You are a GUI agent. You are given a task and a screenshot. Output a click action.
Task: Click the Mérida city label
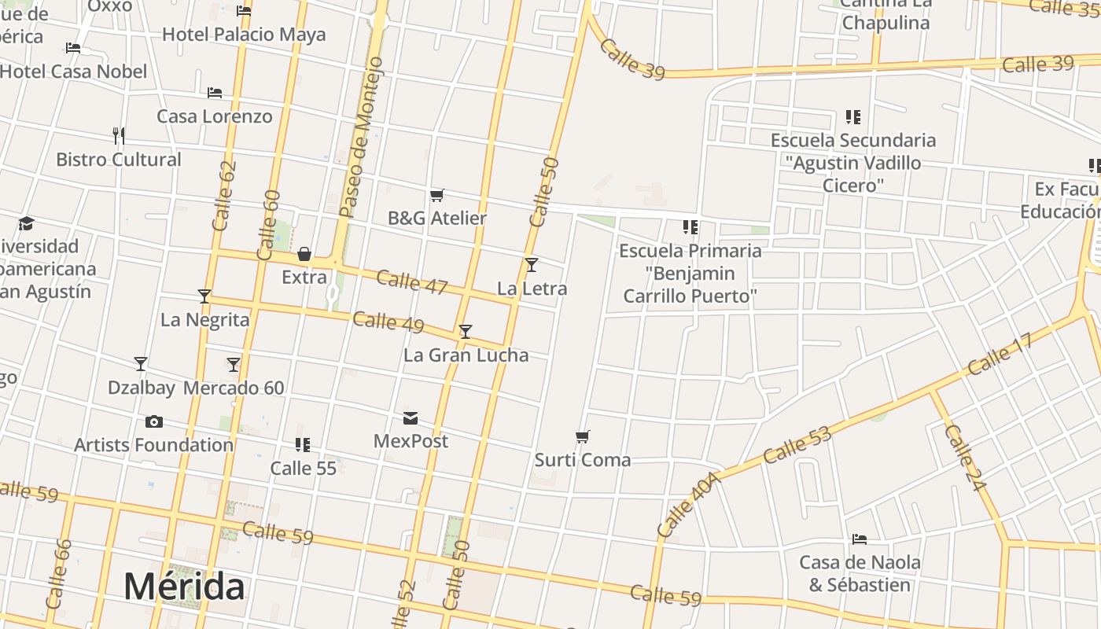(x=184, y=587)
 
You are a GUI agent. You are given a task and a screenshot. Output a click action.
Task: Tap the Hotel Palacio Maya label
(x=243, y=35)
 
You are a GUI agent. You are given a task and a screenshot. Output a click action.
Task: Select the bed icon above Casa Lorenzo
(x=215, y=93)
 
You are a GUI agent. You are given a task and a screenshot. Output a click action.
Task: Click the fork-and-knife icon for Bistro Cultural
(x=119, y=135)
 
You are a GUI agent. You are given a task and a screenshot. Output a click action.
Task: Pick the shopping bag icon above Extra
(x=304, y=254)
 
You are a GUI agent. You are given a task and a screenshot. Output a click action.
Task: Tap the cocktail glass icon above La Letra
(x=532, y=264)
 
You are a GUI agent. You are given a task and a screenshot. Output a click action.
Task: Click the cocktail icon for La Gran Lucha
(x=466, y=332)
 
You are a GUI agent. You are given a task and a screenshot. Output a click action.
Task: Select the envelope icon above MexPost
(x=411, y=417)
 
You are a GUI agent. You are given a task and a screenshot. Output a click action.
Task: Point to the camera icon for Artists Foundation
(x=154, y=422)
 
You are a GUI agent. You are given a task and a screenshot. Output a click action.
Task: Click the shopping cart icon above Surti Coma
(x=583, y=436)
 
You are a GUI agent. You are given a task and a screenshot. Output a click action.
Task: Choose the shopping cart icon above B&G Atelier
(x=437, y=195)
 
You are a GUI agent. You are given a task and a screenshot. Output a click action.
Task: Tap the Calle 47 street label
(x=411, y=281)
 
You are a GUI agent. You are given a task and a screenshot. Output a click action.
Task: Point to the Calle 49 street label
(x=388, y=322)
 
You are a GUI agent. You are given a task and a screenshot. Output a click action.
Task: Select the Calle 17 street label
(x=1000, y=355)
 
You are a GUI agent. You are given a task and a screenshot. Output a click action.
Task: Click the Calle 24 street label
(x=964, y=458)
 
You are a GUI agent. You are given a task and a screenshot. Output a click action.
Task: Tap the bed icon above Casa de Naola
(x=860, y=539)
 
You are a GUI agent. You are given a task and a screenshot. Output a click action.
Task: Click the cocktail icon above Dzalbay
(x=141, y=364)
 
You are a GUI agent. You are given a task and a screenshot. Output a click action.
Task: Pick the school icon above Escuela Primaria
(x=690, y=227)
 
